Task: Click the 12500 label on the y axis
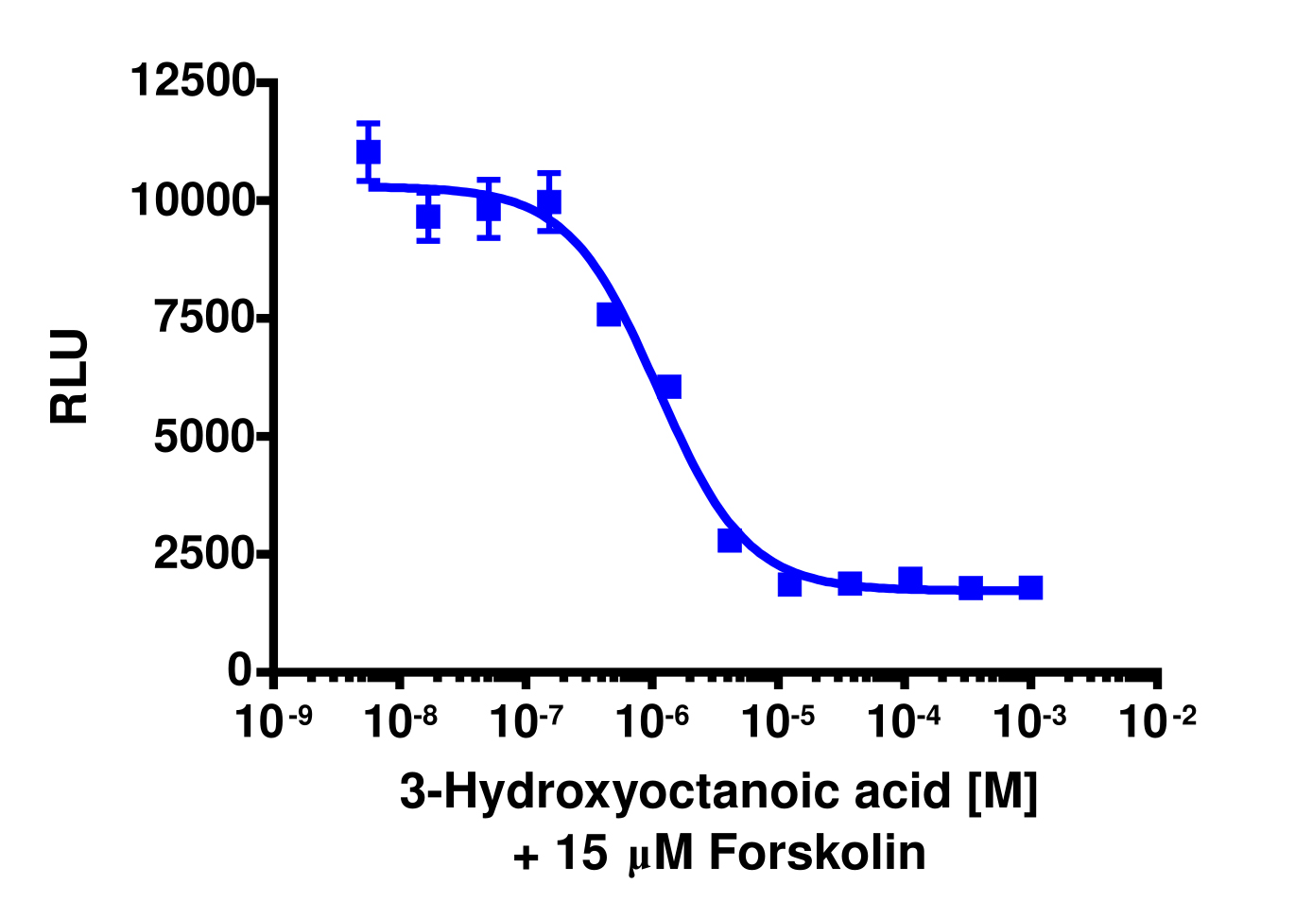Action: [x=192, y=80]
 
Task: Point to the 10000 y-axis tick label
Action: [x=192, y=199]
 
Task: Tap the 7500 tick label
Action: [x=204, y=317]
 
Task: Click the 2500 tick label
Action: [x=204, y=553]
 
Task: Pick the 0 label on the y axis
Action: [x=240, y=670]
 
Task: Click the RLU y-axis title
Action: [x=70, y=376]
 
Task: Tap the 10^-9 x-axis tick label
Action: [x=273, y=721]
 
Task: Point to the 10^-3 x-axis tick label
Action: [x=1029, y=721]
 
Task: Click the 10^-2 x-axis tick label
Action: [x=1156, y=721]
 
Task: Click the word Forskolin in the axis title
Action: [x=817, y=853]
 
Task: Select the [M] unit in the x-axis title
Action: [x=1002, y=790]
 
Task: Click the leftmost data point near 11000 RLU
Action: [x=369, y=151]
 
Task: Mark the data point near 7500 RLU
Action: [x=609, y=314]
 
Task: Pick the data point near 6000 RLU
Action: [x=668, y=387]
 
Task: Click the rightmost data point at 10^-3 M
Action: [x=1030, y=587]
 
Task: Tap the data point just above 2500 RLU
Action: [x=730, y=540]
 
